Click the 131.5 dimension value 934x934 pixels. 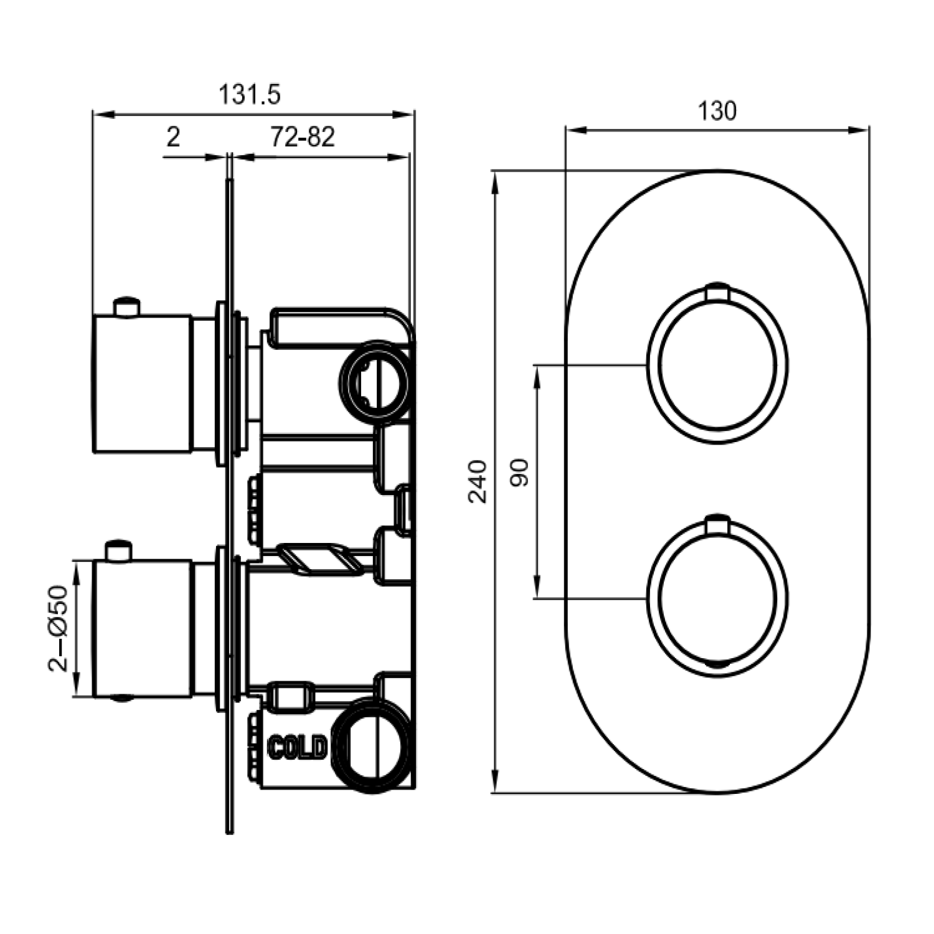point(250,95)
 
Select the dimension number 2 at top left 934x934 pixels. point(173,136)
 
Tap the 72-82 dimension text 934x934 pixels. point(302,136)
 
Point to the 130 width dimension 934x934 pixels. point(717,111)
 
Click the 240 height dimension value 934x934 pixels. point(478,481)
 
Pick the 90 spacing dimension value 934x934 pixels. point(519,473)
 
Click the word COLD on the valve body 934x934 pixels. point(297,747)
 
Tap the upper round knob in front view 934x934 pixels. point(717,364)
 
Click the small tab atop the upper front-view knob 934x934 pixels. point(717,290)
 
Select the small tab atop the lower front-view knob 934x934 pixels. point(717,524)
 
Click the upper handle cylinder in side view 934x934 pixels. point(142,384)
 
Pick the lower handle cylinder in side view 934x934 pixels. point(142,628)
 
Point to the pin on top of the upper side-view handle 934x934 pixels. point(127,308)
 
